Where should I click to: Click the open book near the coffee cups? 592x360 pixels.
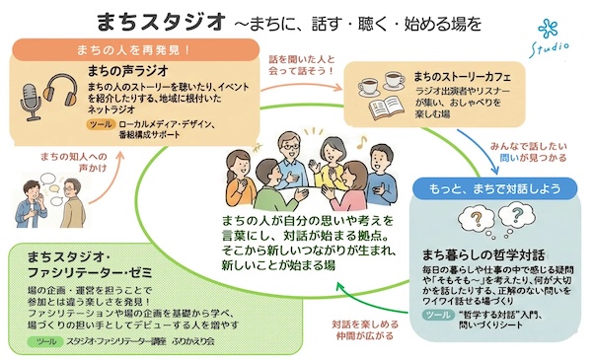coord(386,108)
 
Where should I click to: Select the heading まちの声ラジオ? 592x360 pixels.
coord(127,71)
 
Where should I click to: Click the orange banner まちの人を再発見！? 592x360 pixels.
coord(135,49)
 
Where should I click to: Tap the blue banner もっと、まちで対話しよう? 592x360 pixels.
coord(494,188)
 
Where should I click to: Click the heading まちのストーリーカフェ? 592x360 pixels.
coord(462,77)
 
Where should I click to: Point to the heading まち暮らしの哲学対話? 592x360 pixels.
coord(482,254)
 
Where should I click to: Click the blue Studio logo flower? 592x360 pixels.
coord(548,30)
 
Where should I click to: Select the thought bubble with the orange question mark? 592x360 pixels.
coord(477,219)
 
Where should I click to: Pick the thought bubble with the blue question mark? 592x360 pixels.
coord(516,215)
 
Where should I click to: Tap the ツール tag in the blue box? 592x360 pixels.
coord(438,315)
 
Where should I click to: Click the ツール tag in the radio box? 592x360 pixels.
coord(102,124)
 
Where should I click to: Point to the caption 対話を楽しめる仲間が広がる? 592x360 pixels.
coord(365,329)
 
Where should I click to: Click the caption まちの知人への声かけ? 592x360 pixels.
coord(74,162)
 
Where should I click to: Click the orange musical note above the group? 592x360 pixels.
coord(362,142)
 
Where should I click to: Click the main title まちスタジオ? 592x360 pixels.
coord(162,23)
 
